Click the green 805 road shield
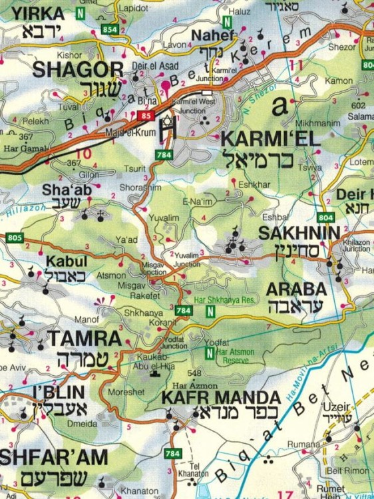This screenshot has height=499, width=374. (14, 238)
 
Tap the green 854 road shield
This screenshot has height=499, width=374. (110, 30)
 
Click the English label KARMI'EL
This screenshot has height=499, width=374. (261, 140)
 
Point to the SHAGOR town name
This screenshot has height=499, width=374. (78, 69)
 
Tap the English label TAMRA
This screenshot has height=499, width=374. (84, 338)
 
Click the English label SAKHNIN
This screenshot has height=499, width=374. (299, 234)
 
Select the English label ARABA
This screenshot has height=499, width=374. (296, 289)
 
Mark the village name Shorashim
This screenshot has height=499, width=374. (140, 188)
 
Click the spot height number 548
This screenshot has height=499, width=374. (194, 373)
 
